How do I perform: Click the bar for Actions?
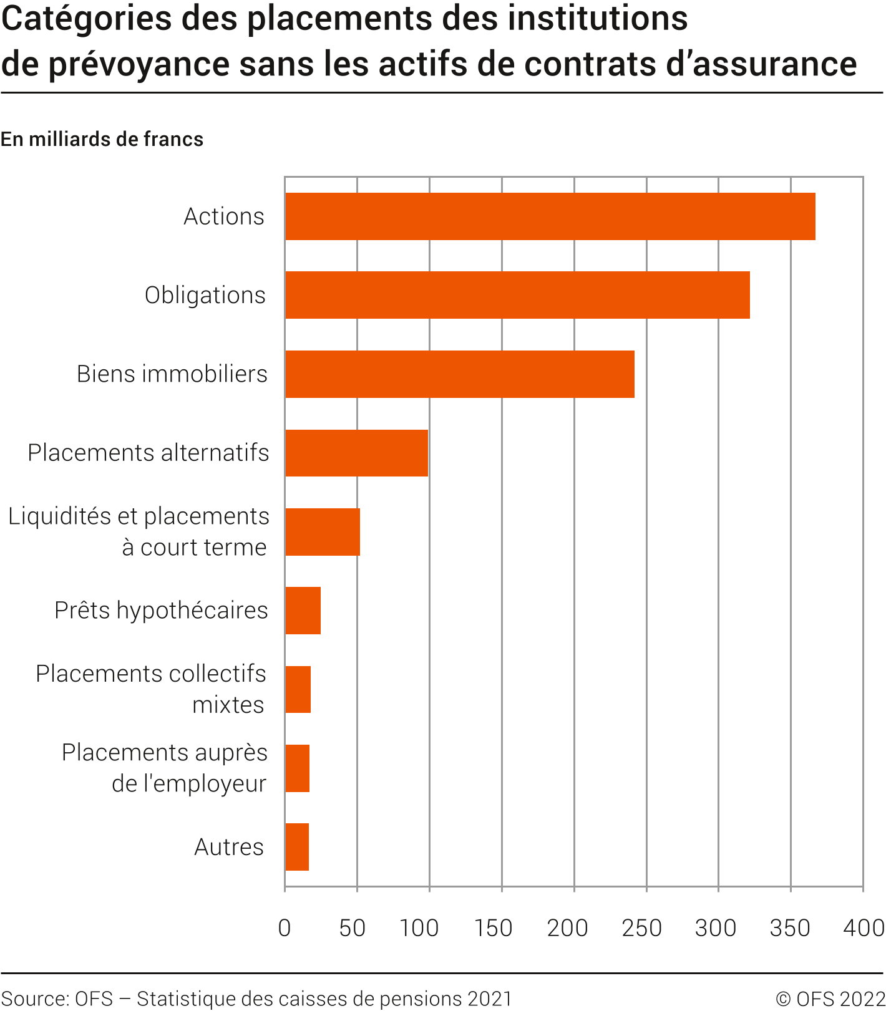click(550, 216)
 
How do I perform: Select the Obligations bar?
click(517, 295)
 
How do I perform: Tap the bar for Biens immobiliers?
click(460, 374)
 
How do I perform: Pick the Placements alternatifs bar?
click(356, 453)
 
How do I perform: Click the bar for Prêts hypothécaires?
click(303, 611)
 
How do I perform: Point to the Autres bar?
click(297, 847)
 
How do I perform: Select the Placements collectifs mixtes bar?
click(298, 689)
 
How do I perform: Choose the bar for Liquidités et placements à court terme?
click(322, 532)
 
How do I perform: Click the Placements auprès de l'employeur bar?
click(297, 768)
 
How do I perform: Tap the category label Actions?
click(224, 216)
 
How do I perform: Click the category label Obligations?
click(205, 295)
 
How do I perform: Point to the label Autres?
click(229, 847)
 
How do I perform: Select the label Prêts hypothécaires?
click(161, 611)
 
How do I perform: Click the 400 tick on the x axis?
click(864, 928)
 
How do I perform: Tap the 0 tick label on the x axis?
click(285, 928)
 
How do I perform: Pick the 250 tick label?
click(641, 928)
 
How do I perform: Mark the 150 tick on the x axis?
click(493, 928)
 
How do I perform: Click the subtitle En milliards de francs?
click(102, 139)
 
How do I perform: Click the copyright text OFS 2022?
click(830, 999)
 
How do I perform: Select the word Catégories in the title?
click(86, 19)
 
